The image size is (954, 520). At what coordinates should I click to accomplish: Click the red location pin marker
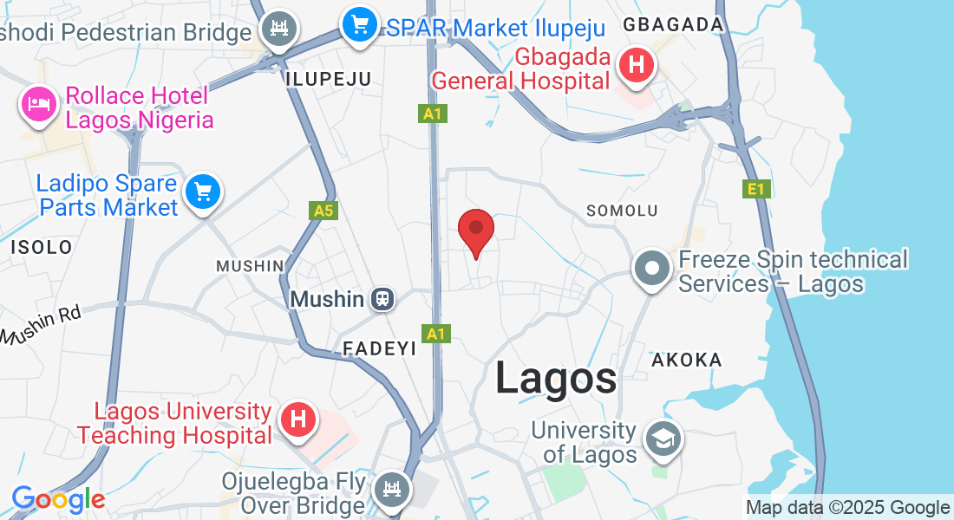pyautogui.click(x=475, y=230)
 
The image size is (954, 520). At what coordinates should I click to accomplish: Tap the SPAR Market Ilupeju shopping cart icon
pyautogui.click(x=358, y=26)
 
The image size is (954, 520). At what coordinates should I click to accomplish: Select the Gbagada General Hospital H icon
pyautogui.click(x=637, y=65)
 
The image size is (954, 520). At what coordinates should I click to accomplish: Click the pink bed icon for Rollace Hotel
pyautogui.click(x=37, y=105)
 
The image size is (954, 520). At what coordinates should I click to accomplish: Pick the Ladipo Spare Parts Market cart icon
pyautogui.click(x=203, y=192)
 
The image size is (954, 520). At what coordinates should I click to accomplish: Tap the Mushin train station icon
pyautogui.click(x=382, y=300)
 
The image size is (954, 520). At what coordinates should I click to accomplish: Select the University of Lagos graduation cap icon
pyautogui.click(x=663, y=439)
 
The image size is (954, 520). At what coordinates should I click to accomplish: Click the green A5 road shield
pyautogui.click(x=323, y=211)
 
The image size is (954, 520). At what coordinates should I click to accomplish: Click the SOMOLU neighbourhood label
pyautogui.click(x=622, y=211)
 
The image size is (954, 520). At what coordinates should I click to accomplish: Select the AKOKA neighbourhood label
pyautogui.click(x=686, y=360)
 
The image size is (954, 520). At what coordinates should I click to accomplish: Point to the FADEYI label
pyautogui.click(x=380, y=348)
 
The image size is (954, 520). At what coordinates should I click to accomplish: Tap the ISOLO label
pyautogui.click(x=42, y=247)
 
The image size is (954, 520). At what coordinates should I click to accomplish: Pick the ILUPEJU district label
pyautogui.click(x=328, y=79)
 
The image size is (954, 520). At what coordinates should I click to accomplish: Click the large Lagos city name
pyautogui.click(x=556, y=379)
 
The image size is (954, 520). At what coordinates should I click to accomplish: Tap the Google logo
pyautogui.click(x=58, y=499)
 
